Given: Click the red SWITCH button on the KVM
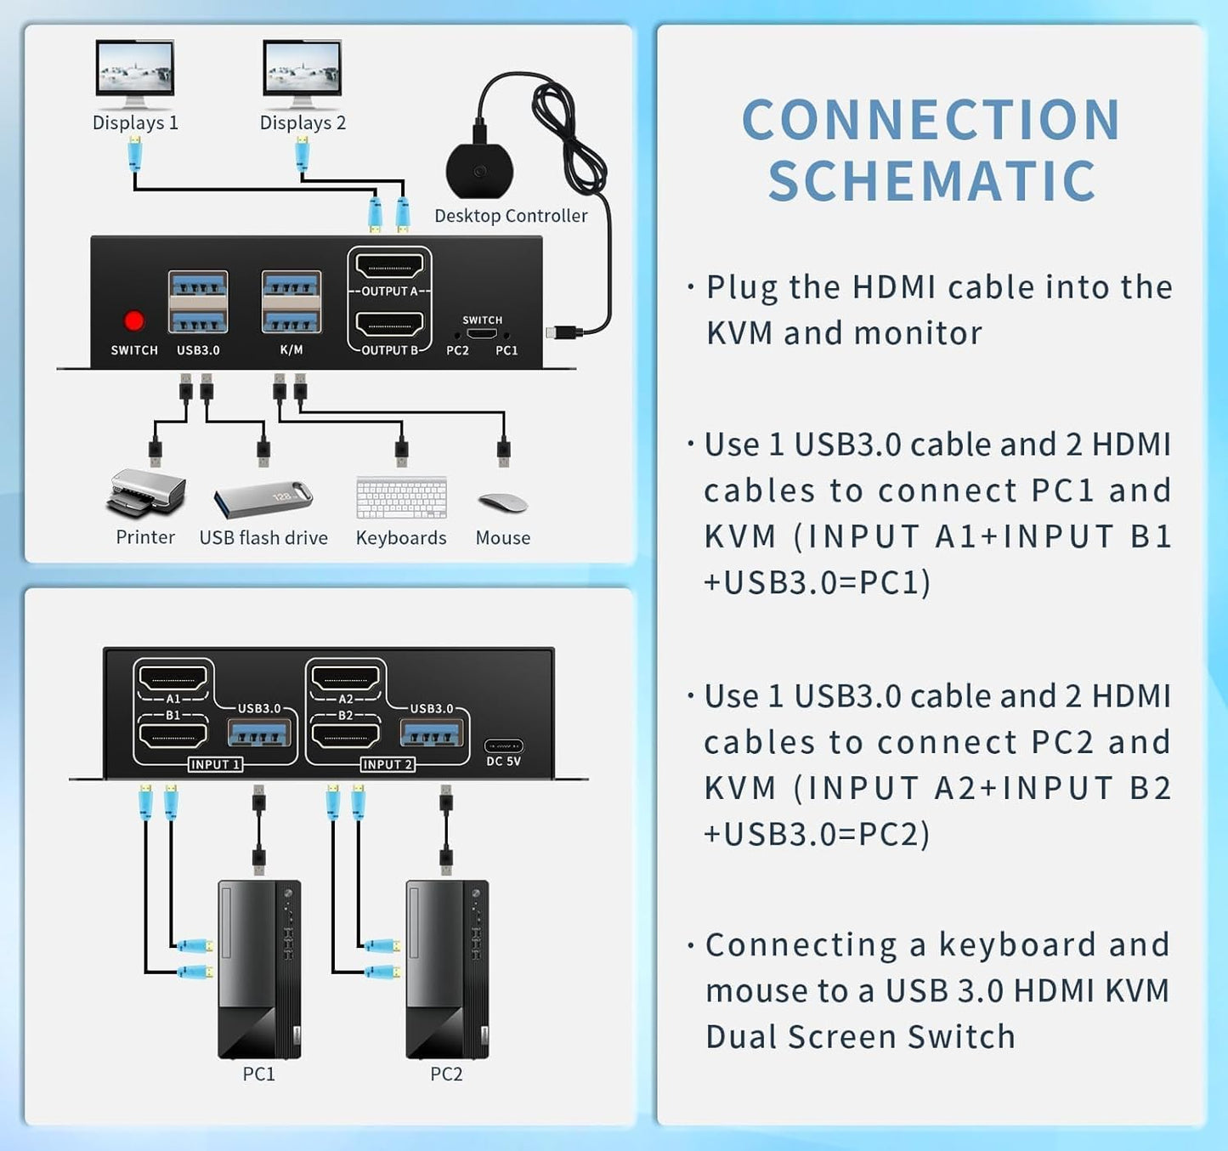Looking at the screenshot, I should click(133, 320).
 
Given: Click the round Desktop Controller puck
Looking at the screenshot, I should click(480, 171).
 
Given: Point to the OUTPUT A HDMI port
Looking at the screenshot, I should click(389, 267).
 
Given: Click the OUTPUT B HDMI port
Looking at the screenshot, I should click(389, 325).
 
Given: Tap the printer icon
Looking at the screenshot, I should click(146, 494).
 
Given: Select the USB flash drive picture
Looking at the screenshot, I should click(263, 499).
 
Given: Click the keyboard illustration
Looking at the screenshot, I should click(402, 498).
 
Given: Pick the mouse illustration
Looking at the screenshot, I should click(503, 502).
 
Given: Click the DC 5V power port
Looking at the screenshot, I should click(504, 746).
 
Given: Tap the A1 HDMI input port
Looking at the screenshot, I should click(173, 678).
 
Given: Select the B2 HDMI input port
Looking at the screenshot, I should click(346, 734).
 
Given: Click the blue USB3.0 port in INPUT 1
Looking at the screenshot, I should click(260, 733).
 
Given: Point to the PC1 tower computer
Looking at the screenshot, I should click(259, 969).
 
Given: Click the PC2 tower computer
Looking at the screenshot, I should click(447, 969).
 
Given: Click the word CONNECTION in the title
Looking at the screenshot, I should click(931, 120).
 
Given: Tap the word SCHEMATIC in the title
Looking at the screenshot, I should click(932, 181).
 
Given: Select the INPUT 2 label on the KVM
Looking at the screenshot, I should click(388, 764).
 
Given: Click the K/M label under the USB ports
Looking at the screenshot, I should click(291, 350).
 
